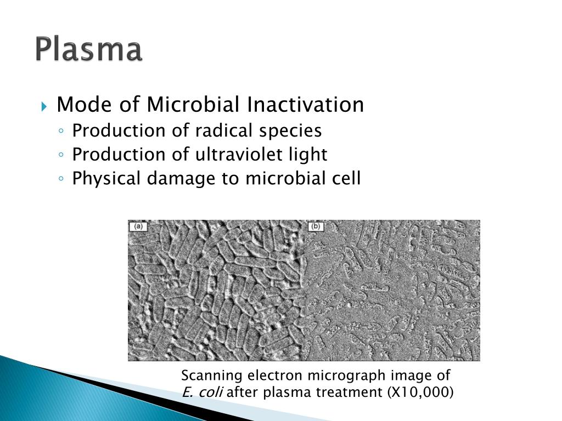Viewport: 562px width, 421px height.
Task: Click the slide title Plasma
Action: tap(89, 50)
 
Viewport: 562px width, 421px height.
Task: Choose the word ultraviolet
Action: tap(238, 155)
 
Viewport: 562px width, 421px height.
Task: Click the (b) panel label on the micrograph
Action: tap(316, 226)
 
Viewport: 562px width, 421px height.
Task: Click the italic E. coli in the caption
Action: tap(203, 392)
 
